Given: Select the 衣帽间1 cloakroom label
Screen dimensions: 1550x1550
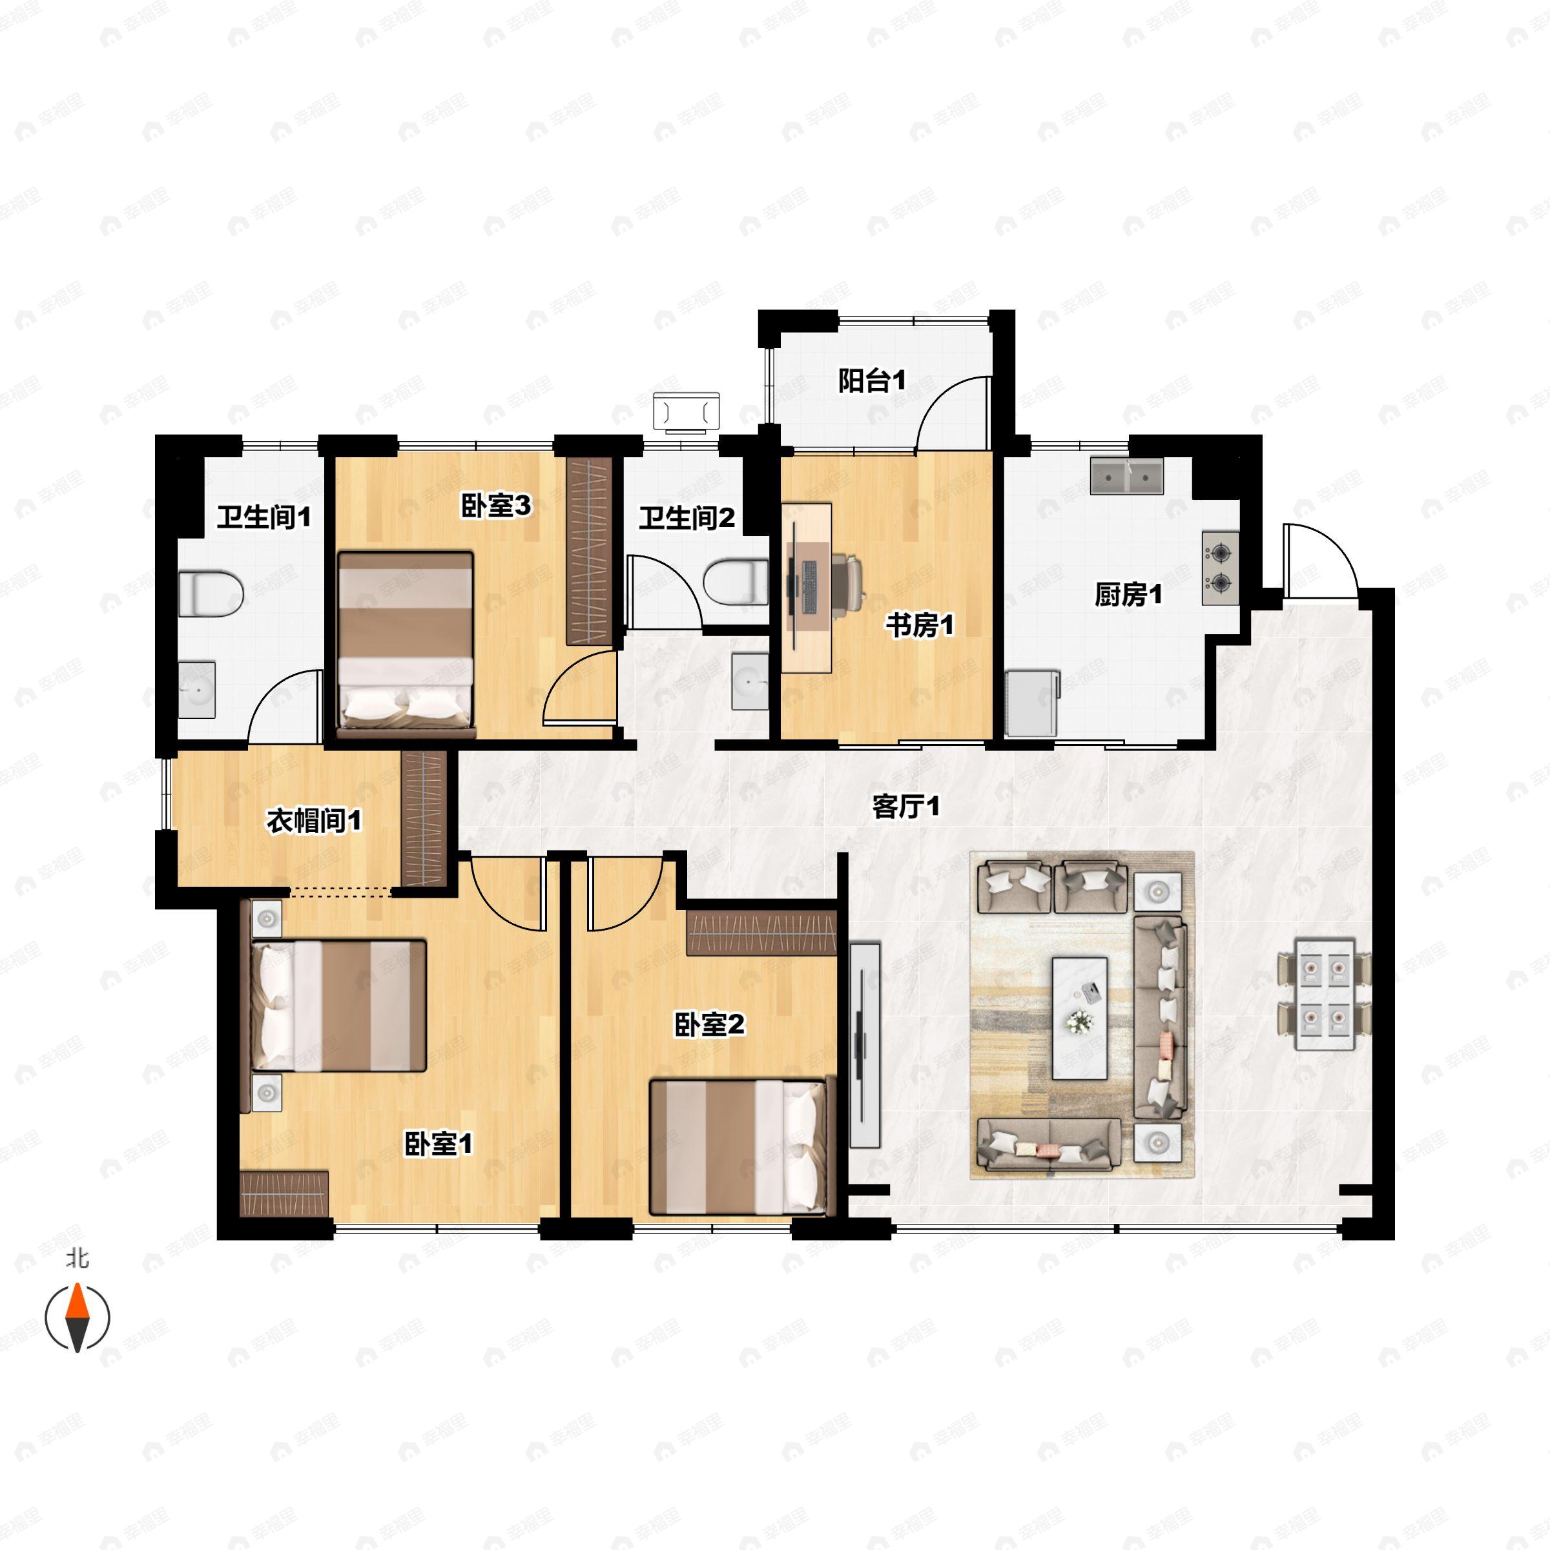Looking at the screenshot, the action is (x=314, y=820).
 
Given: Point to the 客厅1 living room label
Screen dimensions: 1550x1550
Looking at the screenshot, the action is (x=905, y=806).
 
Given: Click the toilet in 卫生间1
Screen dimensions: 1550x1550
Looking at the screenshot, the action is (x=210, y=594).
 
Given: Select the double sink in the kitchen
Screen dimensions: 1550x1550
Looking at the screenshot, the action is (x=1127, y=477).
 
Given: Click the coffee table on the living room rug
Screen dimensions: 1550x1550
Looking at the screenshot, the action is (x=1080, y=1018).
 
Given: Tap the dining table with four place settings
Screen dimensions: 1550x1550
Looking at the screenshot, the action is (x=1325, y=995).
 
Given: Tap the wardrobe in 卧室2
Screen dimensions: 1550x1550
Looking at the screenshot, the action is (x=762, y=931).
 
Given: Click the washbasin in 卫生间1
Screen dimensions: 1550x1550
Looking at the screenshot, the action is (x=196, y=689).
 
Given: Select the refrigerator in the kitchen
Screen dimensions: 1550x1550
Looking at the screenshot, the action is (x=1033, y=703).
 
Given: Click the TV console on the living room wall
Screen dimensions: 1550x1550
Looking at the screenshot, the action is (x=865, y=1044).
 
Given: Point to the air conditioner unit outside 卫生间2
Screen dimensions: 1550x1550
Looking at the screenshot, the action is (x=687, y=413).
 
